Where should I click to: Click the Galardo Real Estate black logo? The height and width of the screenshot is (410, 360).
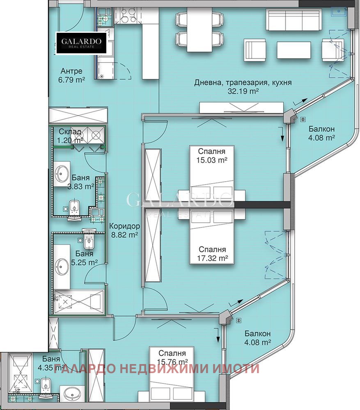point(81,43)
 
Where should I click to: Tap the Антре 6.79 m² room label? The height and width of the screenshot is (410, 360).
point(71,75)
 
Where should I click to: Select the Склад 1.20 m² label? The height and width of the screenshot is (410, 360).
point(70,136)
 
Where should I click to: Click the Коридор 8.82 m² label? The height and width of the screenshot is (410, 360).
point(124,230)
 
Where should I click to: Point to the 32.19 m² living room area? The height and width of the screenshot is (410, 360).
point(243,87)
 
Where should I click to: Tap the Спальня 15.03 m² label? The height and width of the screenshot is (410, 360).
point(211,156)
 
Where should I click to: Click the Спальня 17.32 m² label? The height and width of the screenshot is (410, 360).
point(212,254)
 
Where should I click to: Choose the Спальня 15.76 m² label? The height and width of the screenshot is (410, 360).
point(172,358)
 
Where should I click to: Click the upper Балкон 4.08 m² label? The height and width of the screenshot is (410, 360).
point(321,133)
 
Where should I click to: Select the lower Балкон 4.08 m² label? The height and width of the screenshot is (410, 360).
point(258,338)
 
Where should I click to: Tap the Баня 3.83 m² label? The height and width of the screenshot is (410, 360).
point(80,182)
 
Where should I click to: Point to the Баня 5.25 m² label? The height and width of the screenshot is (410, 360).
point(84,258)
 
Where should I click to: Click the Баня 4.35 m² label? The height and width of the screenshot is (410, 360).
point(51,363)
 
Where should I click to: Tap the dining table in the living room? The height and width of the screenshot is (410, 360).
point(199,30)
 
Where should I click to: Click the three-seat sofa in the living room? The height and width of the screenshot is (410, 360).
point(294,20)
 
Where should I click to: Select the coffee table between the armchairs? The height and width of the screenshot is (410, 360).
point(294,50)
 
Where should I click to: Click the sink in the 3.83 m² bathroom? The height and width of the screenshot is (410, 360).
point(62,173)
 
